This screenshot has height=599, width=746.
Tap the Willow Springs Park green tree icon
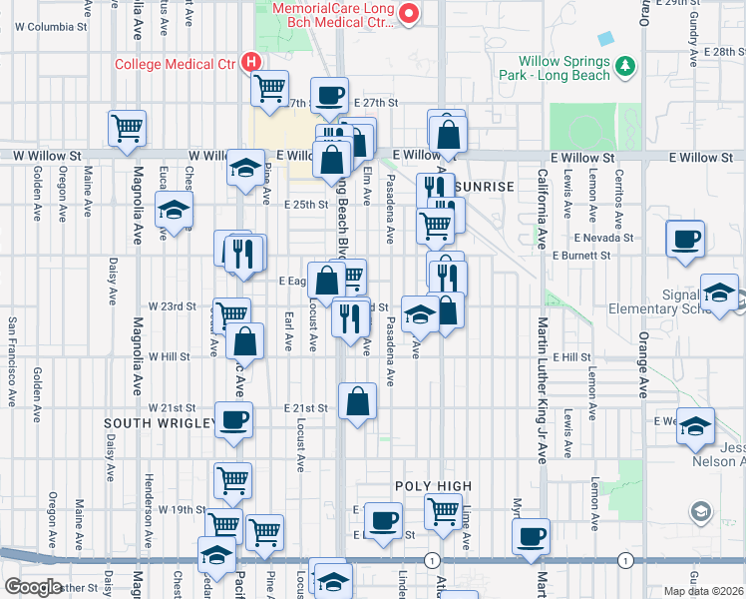pyautogui.click(x=626, y=66)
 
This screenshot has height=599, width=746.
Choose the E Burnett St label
pyautogui.click(x=581, y=256)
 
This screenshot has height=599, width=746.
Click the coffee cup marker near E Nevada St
pyautogui.click(x=686, y=241)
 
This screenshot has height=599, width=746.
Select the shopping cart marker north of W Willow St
pyautogui.click(x=128, y=128)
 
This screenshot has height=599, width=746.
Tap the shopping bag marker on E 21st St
pyautogui.click(x=358, y=401)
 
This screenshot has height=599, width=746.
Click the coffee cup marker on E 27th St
pyautogui.click(x=329, y=96)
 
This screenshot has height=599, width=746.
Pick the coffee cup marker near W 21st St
pyautogui.click(x=234, y=419)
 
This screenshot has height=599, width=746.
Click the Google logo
pyautogui.click(x=33, y=587)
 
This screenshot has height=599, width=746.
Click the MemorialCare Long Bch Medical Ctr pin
pyautogui.click(x=408, y=13)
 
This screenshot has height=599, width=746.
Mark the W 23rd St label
pyautogui.click(x=173, y=306)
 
